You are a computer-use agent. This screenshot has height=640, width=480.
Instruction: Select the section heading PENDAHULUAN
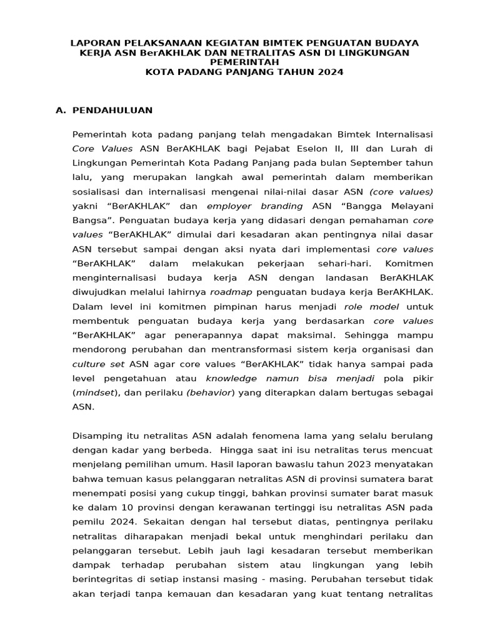pos(112,110)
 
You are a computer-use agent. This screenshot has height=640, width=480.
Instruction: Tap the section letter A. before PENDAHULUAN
pos(61,110)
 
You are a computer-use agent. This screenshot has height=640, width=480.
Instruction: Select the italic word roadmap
pos(231,291)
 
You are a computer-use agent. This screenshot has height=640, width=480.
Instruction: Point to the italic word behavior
pos(212,392)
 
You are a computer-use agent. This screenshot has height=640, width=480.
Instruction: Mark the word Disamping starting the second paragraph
pos(97,435)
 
